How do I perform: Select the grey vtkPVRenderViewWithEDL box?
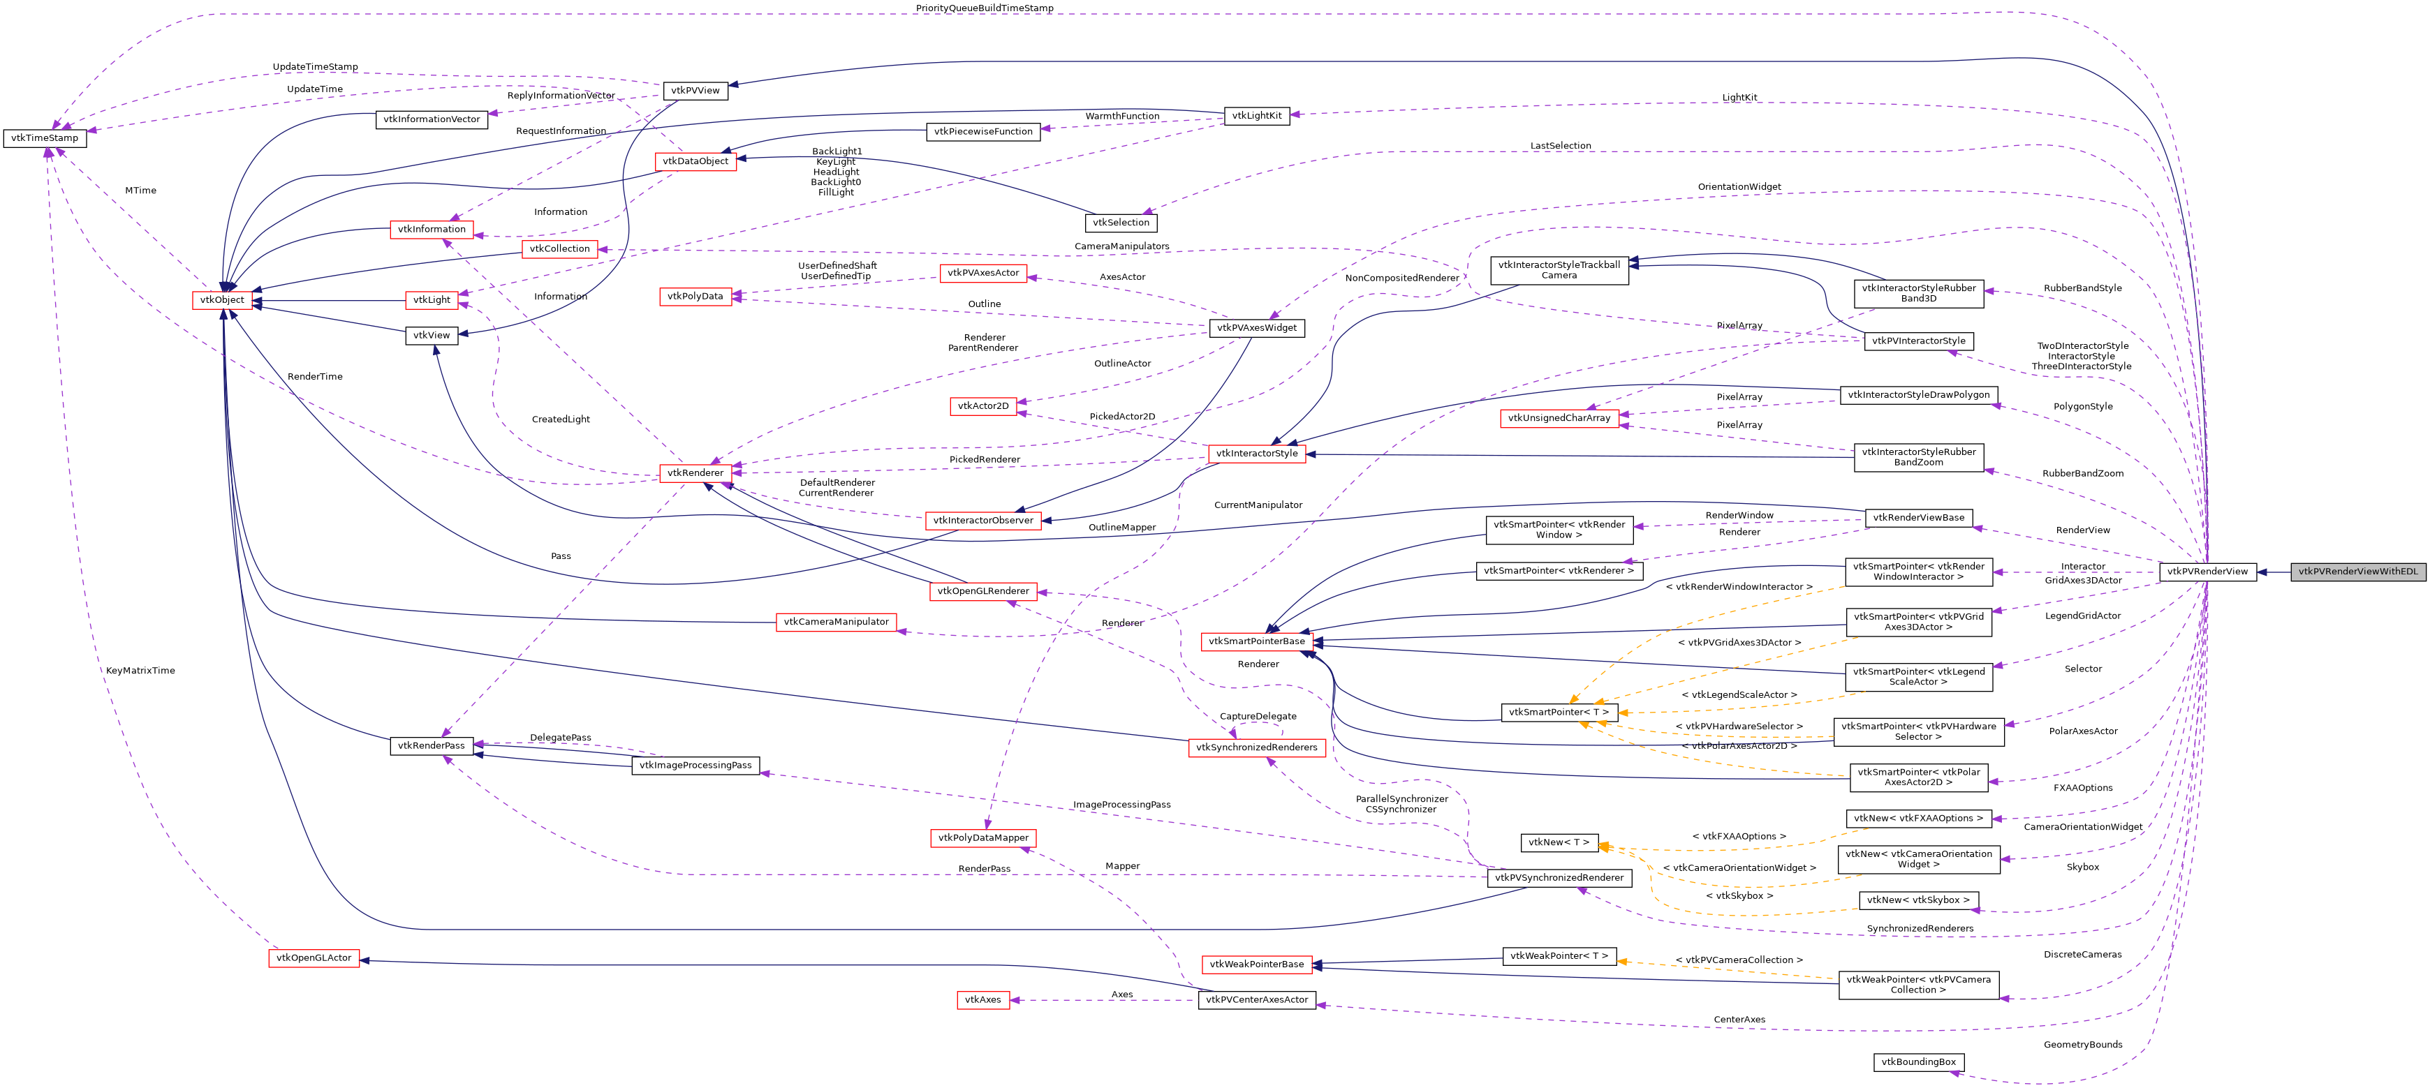[x=2357, y=572]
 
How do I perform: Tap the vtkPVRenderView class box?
[x=2207, y=572]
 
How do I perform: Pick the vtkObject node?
[x=221, y=300]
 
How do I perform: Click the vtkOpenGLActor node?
[x=314, y=958]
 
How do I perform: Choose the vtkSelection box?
[x=1121, y=223]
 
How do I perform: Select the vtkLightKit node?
[x=1256, y=116]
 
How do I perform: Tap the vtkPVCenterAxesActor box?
[x=1256, y=999]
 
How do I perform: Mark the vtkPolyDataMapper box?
[x=983, y=838]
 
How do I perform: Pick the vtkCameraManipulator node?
[x=836, y=623]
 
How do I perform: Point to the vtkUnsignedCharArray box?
[x=1559, y=417]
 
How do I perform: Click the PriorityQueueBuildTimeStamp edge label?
[x=984, y=8]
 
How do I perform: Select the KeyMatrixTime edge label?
[x=140, y=671]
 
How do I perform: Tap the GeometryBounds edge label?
[x=2083, y=1045]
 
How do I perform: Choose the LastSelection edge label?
[x=1560, y=146]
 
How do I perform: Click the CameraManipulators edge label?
[x=1121, y=247]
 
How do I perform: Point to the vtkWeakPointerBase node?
[x=1256, y=964]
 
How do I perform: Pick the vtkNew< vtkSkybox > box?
[x=1917, y=900]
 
